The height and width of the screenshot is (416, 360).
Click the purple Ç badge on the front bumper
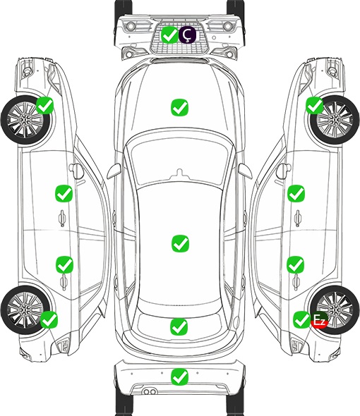click(187, 35)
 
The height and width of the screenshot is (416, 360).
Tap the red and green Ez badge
click(319, 319)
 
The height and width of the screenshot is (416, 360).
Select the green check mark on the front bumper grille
click(169, 35)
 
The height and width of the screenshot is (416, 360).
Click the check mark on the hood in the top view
click(179, 107)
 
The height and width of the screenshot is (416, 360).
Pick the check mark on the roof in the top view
click(181, 243)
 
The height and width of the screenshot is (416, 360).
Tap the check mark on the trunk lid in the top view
click(179, 326)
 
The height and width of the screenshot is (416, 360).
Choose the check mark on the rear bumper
click(179, 377)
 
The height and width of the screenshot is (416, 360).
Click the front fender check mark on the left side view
click(45, 105)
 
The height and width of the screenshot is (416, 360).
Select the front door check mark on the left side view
click(64, 194)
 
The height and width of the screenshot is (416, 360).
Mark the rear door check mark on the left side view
click(64, 264)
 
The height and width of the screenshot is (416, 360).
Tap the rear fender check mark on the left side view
click(49, 319)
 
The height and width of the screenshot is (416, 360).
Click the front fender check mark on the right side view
click(315, 105)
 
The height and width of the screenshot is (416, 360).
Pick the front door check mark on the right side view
click(296, 193)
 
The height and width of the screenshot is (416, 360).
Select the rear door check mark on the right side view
click(296, 264)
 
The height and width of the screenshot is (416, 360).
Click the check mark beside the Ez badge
click(302, 319)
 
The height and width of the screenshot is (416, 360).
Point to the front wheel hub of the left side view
click(25, 120)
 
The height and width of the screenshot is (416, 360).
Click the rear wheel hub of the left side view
click(25, 310)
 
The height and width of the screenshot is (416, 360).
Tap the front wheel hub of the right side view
click(335, 120)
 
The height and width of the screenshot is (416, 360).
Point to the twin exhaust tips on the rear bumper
click(150, 392)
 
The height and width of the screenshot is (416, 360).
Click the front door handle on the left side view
click(62, 218)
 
